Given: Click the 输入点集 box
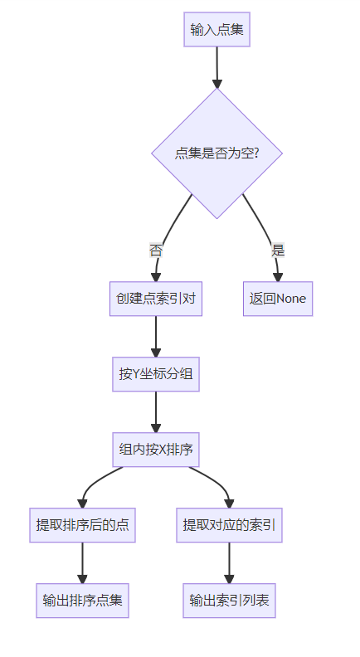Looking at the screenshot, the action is [x=216, y=29].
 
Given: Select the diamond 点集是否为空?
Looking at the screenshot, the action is [x=216, y=153].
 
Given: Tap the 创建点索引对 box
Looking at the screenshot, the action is [x=156, y=299].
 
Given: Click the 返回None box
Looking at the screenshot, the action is [x=278, y=299].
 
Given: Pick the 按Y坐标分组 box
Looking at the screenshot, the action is [x=156, y=374].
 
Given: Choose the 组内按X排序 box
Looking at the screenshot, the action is [x=156, y=450].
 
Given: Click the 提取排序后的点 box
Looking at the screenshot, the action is [x=83, y=525].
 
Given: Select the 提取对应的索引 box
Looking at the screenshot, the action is [x=229, y=525].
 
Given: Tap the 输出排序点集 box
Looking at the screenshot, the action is [x=83, y=601].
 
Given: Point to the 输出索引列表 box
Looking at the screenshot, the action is [x=229, y=601].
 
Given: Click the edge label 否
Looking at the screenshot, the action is [x=156, y=251].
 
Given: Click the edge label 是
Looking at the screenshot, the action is [x=278, y=251].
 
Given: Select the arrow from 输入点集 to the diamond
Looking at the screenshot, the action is [x=216, y=67].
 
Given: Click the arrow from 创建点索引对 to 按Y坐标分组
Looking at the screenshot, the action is [x=156, y=337].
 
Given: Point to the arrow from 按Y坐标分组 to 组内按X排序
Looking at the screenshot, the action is [x=156, y=412].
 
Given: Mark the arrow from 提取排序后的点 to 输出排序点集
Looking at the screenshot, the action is [x=83, y=562].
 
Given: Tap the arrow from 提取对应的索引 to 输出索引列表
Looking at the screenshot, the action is [x=229, y=562].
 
